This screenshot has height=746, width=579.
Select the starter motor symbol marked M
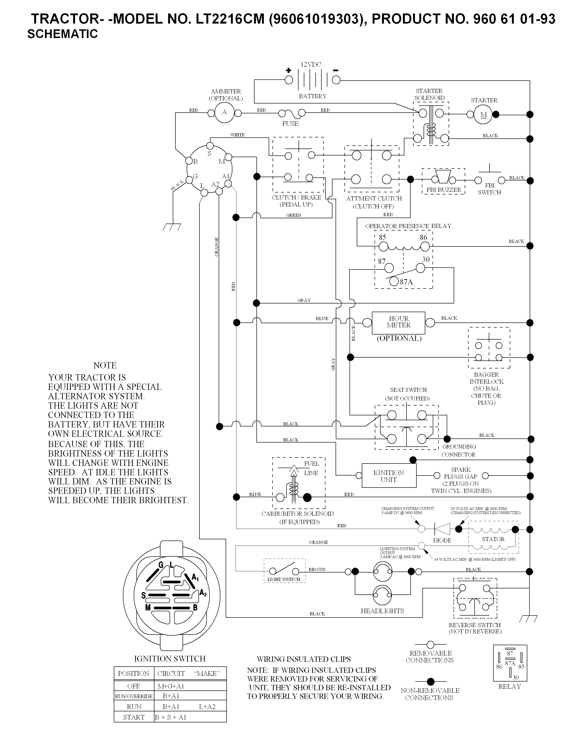click(483, 115)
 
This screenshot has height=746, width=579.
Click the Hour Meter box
click(398, 323)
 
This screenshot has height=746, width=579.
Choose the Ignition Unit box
click(389, 476)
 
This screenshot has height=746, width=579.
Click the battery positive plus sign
click(288, 71)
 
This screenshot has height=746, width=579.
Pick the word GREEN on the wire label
click(294, 215)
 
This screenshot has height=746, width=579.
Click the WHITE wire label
click(237, 135)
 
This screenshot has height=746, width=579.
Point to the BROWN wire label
click(317, 569)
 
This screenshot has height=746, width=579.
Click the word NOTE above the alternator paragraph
click(105, 366)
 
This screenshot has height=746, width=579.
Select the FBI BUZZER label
click(444, 190)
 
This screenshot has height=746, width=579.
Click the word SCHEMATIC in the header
click(63, 34)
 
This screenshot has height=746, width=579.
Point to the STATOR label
click(493, 539)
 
